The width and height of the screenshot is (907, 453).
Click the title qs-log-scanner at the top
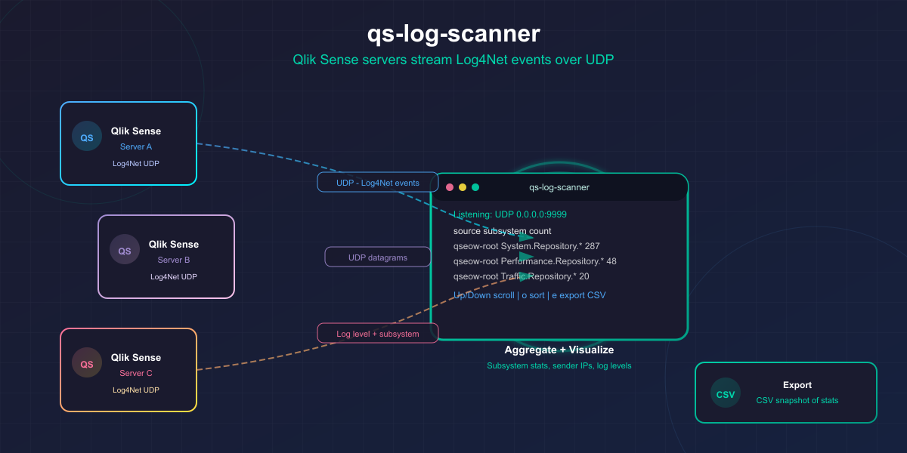(x=453, y=34)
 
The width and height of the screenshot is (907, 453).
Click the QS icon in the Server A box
(x=87, y=137)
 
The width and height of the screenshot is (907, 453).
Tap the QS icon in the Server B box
(x=125, y=250)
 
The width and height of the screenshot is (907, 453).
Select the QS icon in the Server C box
(x=87, y=363)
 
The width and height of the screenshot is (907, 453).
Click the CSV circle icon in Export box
(x=726, y=393)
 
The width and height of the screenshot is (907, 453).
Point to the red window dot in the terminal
(x=450, y=187)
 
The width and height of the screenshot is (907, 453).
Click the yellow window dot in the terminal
(x=463, y=187)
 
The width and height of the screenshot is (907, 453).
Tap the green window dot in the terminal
(x=475, y=187)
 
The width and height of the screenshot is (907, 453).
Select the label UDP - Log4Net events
(x=378, y=182)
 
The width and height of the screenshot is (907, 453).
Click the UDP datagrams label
(x=378, y=257)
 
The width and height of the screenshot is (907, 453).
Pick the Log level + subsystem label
(x=378, y=333)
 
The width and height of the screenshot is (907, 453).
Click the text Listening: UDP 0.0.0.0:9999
(x=510, y=214)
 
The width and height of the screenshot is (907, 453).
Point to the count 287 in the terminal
(x=592, y=246)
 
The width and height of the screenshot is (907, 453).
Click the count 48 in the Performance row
(x=611, y=261)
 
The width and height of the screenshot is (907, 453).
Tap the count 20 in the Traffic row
(x=584, y=276)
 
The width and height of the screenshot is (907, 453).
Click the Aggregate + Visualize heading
(x=559, y=350)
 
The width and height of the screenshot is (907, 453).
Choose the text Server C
(x=136, y=373)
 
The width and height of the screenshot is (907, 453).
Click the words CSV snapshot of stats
(x=797, y=400)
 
